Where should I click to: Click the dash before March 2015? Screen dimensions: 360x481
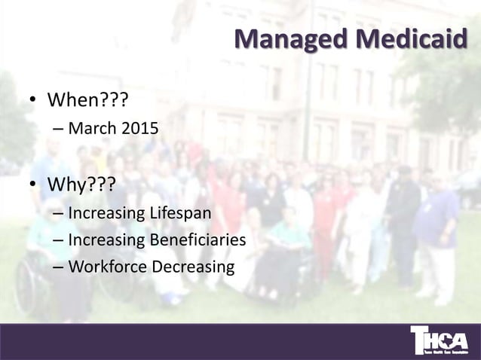pyautogui.click(x=58, y=129)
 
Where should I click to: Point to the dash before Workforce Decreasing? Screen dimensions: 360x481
pyautogui.click(x=58, y=268)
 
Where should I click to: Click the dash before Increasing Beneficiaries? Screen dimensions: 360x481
pyautogui.click(x=58, y=240)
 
